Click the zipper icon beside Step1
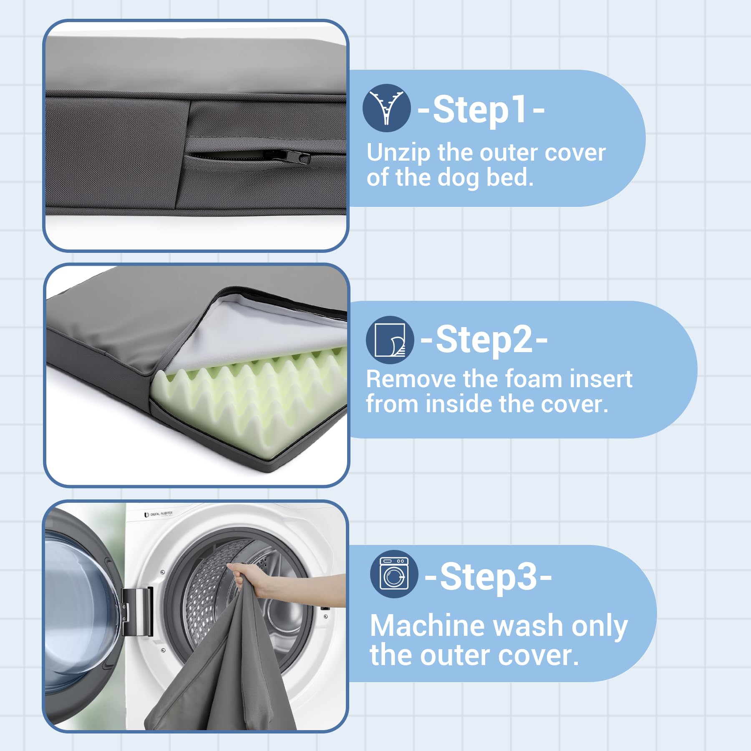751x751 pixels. pyautogui.click(x=386, y=108)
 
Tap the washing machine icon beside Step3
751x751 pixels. pyautogui.click(x=394, y=575)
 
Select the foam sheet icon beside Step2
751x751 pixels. pyautogui.click(x=390, y=340)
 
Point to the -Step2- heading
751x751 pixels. pyautogui.click(x=484, y=340)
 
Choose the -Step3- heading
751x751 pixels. pyautogui.click(x=488, y=577)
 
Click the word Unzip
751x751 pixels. pyautogui.click(x=398, y=153)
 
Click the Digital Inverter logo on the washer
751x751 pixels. pyautogui.click(x=159, y=514)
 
